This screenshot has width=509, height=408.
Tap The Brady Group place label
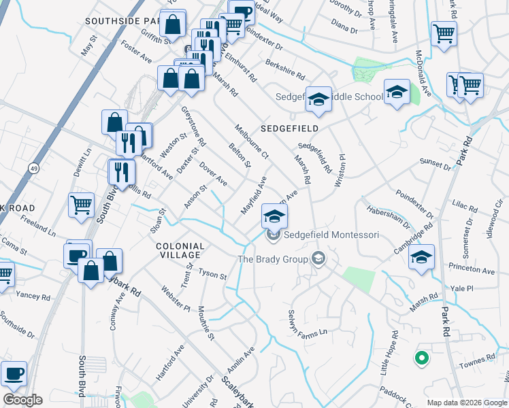click(x=272, y=259)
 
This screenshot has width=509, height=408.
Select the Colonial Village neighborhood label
click(x=179, y=250)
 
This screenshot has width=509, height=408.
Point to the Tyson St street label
click(x=212, y=274)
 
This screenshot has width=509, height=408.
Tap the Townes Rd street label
click(x=482, y=360)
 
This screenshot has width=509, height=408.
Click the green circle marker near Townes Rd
click(x=422, y=357)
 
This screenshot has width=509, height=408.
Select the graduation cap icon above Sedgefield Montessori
click(x=275, y=217)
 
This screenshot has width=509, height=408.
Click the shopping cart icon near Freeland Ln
click(x=81, y=203)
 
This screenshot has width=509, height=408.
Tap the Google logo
click(x=22, y=400)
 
